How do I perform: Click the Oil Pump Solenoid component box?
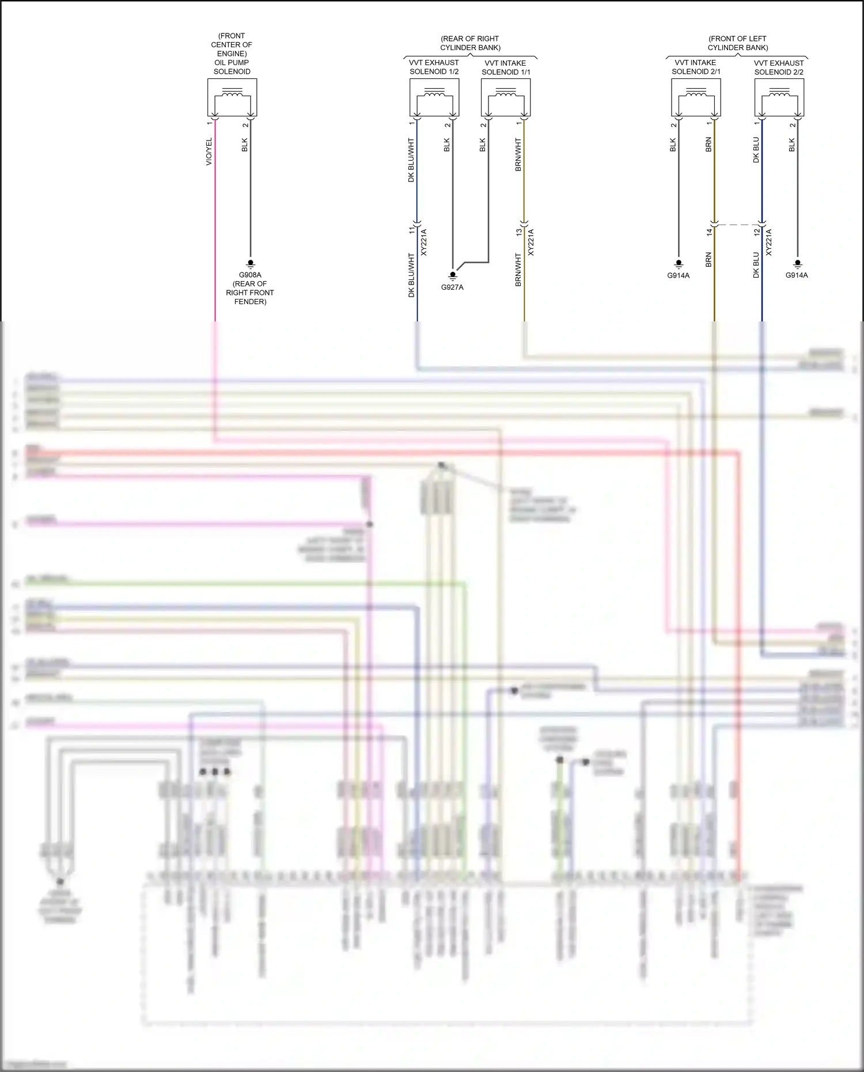point(232,97)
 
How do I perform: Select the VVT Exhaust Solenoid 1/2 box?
point(434,97)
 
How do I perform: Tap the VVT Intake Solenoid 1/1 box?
point(506,97)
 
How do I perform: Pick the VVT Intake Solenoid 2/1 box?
point(696,97)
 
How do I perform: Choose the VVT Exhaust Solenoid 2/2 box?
point(779,97)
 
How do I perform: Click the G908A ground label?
point(250,275)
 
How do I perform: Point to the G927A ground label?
point(452,287)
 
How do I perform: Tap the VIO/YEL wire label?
point(209,151)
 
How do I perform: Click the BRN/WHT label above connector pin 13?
point(518,154)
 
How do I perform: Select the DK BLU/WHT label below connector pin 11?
point(411,275)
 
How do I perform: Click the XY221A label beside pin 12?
point(769,243)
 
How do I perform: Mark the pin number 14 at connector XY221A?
point(710,232)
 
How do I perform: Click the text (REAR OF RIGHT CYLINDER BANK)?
point(470,43)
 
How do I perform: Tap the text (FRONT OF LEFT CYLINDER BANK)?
point(737,43)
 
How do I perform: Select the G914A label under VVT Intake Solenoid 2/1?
point(678,276)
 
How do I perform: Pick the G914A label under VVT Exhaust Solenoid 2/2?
point(797,275)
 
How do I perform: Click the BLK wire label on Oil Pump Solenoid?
point(245,145)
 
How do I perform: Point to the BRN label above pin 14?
point(708,145)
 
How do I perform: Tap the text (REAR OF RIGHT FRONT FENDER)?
point(250,293)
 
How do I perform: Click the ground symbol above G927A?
point(453,276)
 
